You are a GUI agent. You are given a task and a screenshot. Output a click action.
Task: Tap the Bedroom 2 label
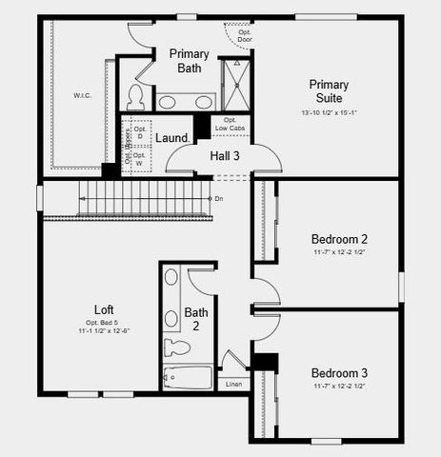pos(339,239)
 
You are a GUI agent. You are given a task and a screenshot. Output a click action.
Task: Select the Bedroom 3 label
pos(339,373)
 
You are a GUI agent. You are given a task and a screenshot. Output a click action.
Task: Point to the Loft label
pos(105,310)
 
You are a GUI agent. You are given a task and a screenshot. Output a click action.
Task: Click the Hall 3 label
pos(225,155)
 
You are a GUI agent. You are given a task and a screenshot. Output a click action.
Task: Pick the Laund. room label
pos(172,138)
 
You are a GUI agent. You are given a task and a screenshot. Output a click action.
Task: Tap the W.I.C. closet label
pos(82,95)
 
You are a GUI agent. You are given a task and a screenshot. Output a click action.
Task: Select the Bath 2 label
pos(196,319)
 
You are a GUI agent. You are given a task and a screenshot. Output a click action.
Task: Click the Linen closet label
pos(234,385)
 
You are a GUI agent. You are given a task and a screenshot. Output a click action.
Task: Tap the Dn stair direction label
pos(219,199)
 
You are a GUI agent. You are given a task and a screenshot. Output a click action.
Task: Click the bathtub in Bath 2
pos(188,379)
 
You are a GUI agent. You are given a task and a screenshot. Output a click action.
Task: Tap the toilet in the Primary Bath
pos(135,96)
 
